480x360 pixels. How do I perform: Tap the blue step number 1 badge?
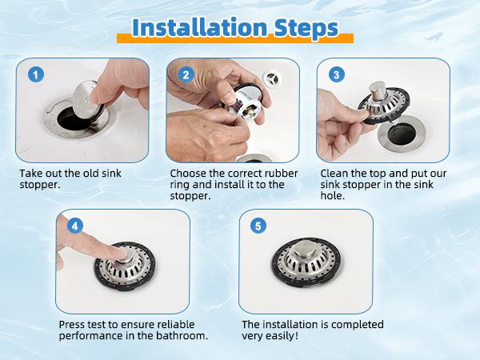[35, 74]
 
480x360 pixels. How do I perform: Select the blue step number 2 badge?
[186, 74]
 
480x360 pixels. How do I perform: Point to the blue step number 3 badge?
[337, 74]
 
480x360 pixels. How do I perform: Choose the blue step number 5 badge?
[258, 226]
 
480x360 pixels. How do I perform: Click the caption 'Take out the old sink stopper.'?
[71, 178]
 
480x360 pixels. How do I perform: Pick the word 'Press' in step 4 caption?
[73, 325]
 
